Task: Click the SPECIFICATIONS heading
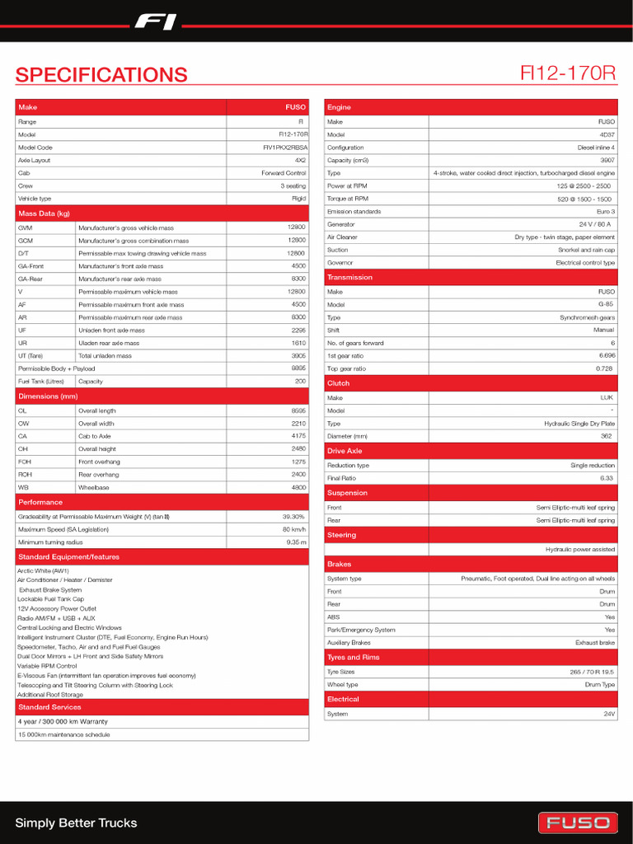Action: coord(101,75)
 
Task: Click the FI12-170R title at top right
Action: coord(568,73)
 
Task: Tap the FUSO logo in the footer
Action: coord(578,823)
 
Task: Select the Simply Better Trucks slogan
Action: coord(76,823)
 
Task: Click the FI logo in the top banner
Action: coord(156,22)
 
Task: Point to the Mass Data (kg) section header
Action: coord(45,213)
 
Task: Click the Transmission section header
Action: coord(349,278)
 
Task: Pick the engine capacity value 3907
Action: coord(607,161)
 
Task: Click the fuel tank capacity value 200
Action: coord(300,382)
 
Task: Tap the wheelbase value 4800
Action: coord(298,487)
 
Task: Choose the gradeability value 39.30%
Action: coord(293,517)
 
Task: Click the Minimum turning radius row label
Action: coord(50,542)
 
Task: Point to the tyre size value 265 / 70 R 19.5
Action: coord(592,672)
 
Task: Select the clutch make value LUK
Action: coord(607,397)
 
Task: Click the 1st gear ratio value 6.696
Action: coord(607,355)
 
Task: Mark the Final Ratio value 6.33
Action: coord(607,478)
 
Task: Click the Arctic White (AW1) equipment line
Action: coord(42,570)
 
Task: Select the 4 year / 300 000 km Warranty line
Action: coord(63,721)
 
